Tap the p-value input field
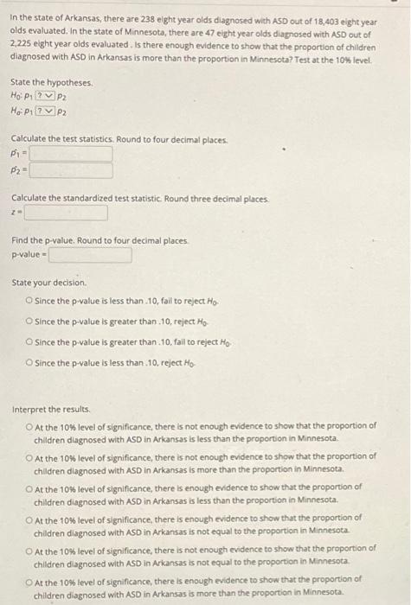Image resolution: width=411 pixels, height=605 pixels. point(91,256)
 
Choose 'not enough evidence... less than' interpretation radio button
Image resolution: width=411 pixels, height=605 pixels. point(29,425)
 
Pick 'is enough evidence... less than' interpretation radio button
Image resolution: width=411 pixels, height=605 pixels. point(29,487)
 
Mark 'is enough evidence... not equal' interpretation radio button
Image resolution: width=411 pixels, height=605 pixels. point(29,517)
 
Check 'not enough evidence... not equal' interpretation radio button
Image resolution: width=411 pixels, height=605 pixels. point(29,547)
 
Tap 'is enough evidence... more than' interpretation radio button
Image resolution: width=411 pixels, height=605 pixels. point(29,578)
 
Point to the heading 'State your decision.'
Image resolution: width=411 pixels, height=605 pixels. point(49,283)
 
